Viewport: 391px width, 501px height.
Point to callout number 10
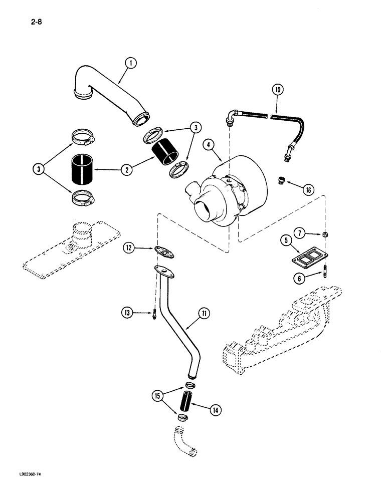point(278,90)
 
